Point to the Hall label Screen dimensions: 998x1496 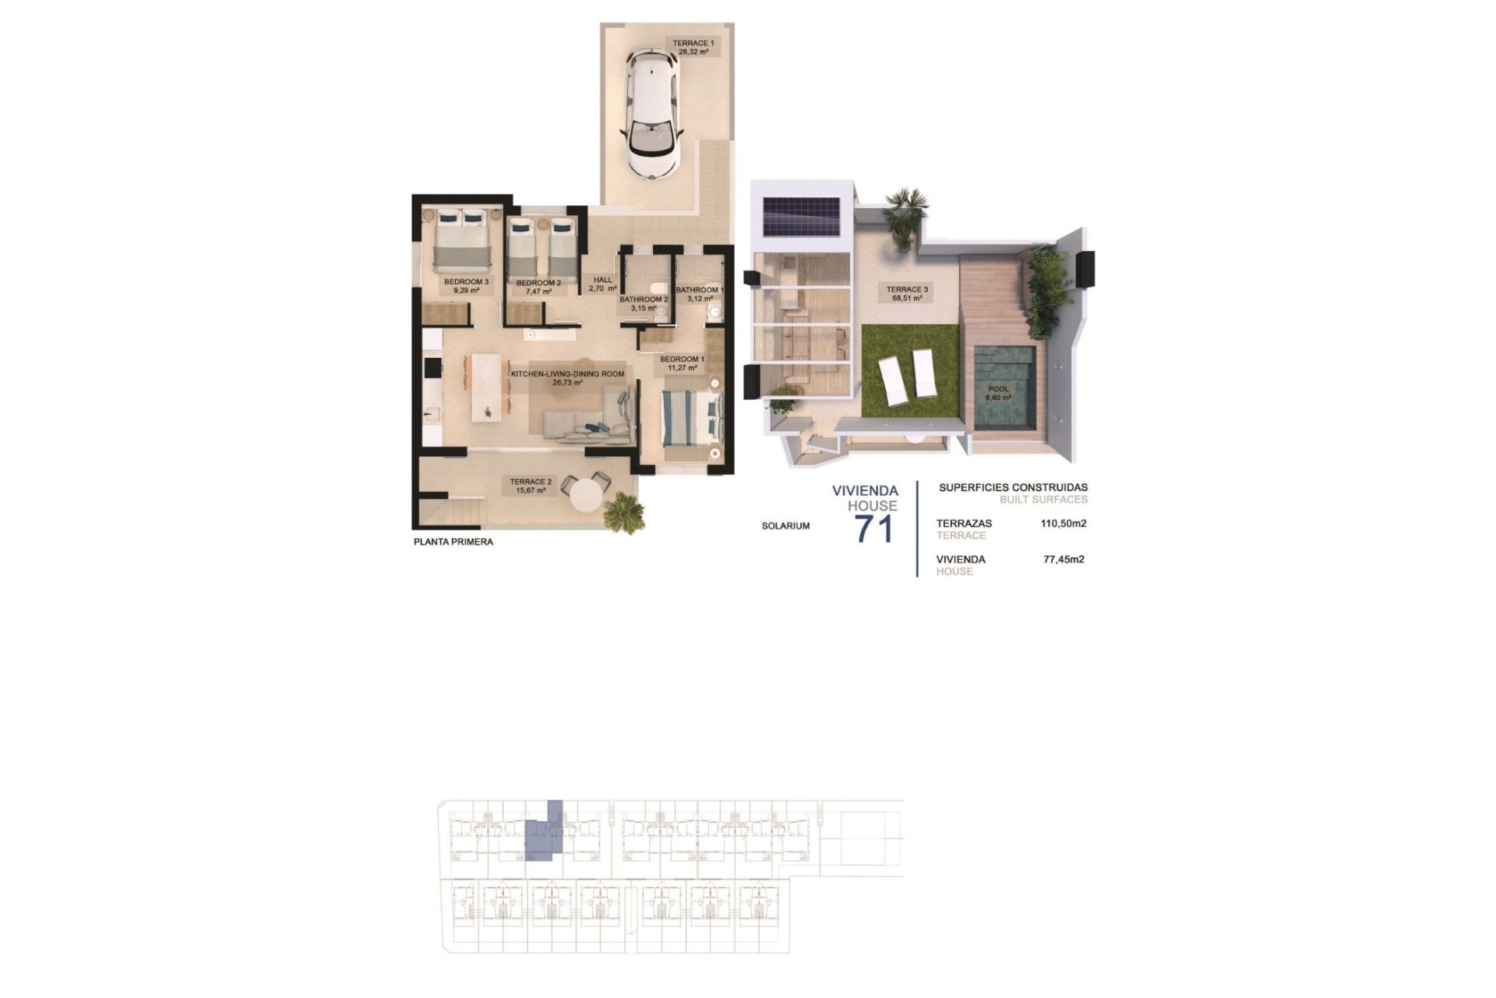603,284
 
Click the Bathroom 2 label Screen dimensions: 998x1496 644,303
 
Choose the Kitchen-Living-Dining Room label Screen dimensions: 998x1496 567,378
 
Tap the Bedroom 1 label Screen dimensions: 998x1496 682,363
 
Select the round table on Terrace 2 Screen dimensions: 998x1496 589,494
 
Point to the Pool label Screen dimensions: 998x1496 998,393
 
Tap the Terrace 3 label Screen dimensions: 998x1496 907,293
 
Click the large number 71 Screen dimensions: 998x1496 874,530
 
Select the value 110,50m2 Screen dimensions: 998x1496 1064,524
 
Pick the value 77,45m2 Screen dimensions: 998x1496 1064,559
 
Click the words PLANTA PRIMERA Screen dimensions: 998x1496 453,542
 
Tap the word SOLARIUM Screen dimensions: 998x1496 785,526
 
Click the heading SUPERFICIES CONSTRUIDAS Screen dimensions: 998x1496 1013,488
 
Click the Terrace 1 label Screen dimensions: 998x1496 693,47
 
